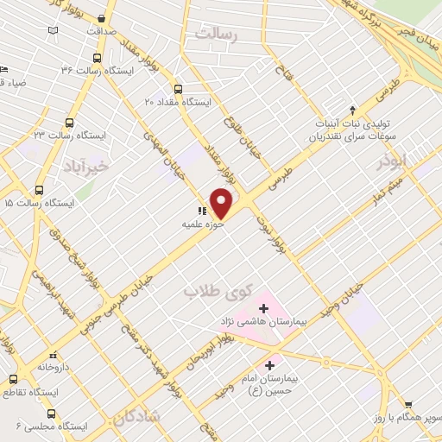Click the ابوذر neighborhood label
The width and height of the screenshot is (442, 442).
pos(390,161)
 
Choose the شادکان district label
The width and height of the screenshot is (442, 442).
pos(135,418)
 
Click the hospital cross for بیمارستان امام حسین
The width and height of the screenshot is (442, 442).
pos(271,365)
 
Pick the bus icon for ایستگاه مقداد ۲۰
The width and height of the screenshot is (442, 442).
pos(179,89)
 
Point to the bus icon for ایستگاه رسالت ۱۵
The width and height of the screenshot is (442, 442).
pos(39,190)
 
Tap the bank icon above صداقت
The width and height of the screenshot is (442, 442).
pos(103,18)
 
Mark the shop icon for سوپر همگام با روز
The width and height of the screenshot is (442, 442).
pos(408,404)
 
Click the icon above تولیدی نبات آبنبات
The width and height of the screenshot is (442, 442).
pos(352,110)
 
